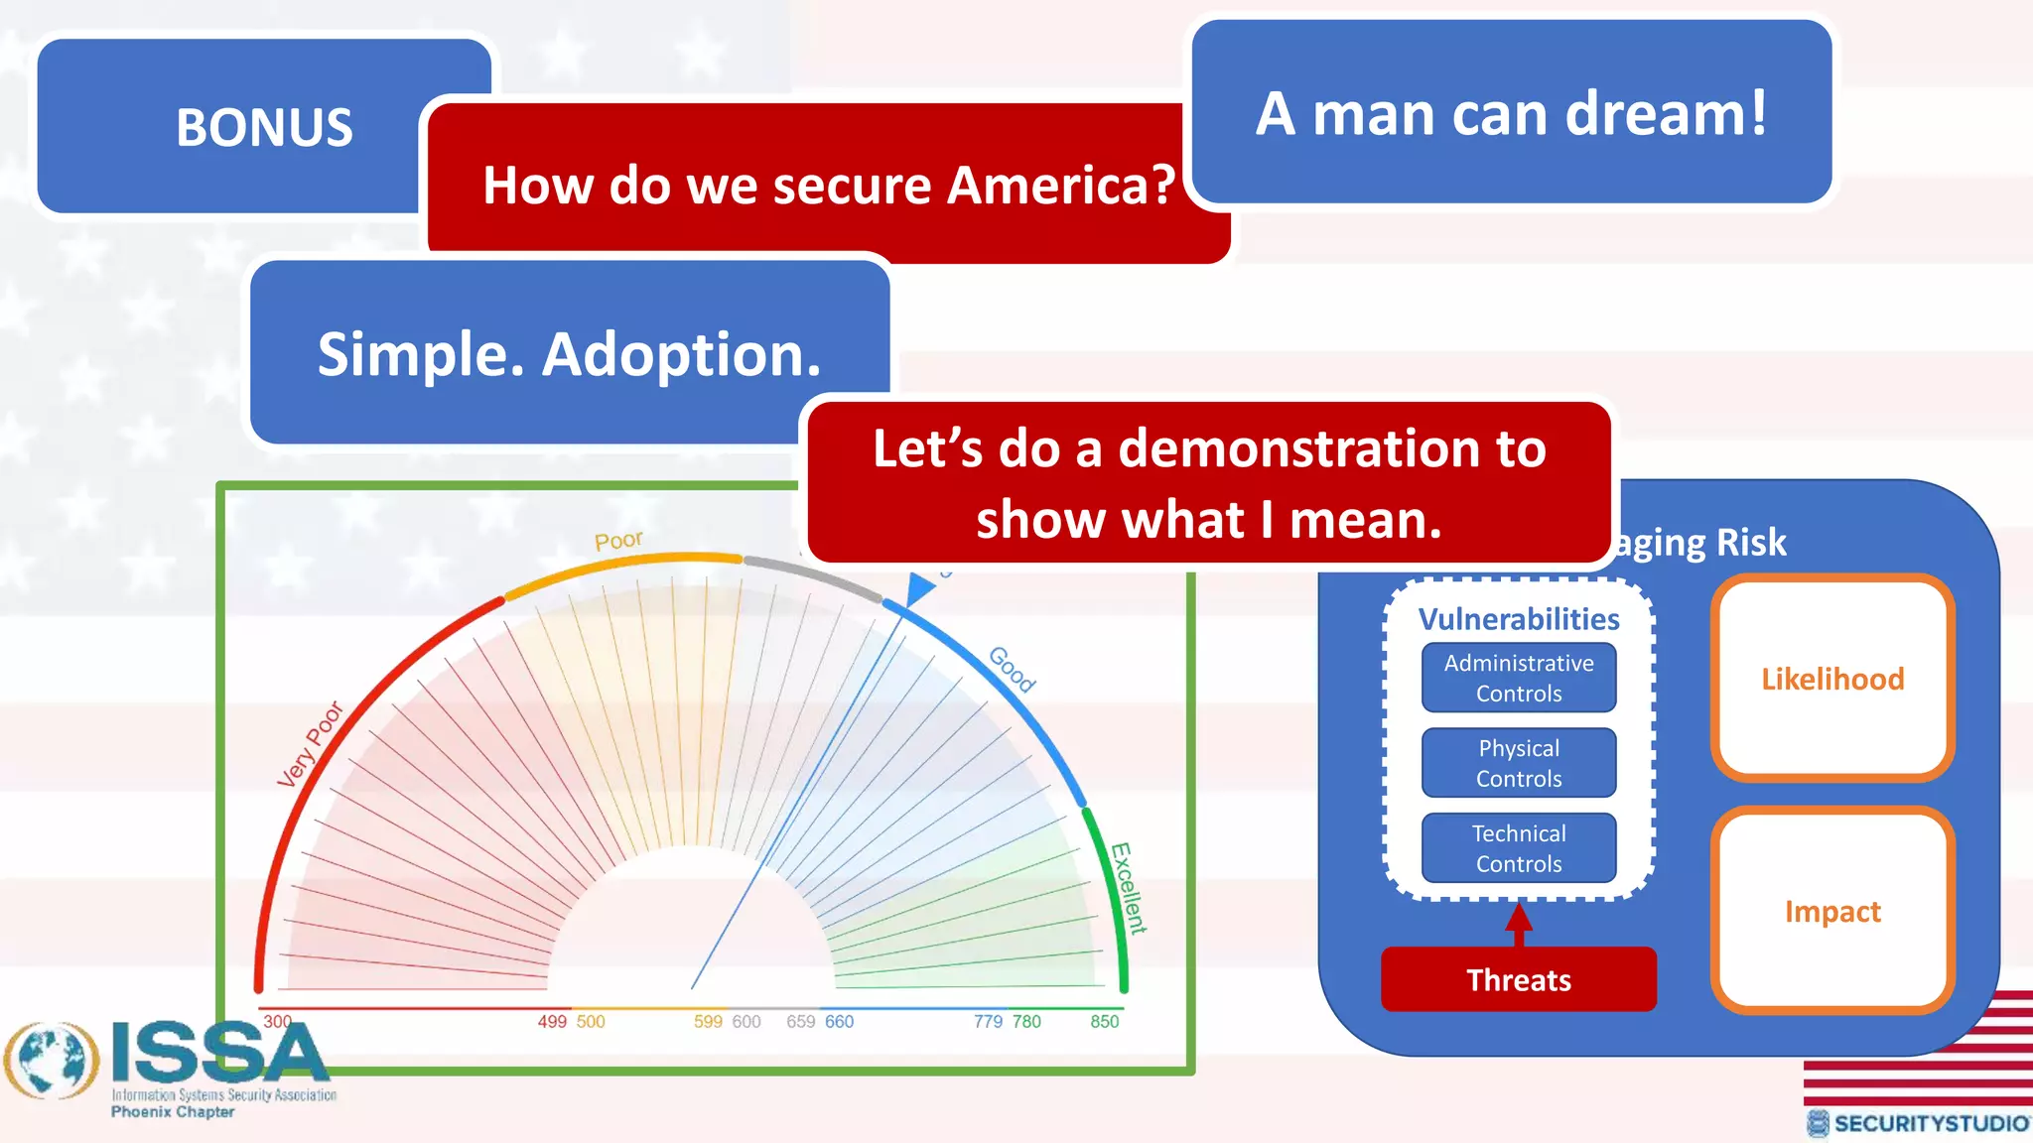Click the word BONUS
click(x=264, y=128)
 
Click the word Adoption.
click(x=682, y=354)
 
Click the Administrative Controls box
click(x=1519, y=678)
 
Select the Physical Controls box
click(x=1519, y=763)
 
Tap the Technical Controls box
click(x=1519, y=848)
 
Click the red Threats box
click(x=1519, y=980)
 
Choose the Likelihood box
click(x=1832, y=679)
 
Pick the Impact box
click(x=1832, y=911)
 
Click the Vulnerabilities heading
click(x=1519, y=619)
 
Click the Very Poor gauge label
click(x=310, y=744)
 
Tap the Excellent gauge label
click(x=1129, y=888)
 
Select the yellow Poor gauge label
click(x=618, y=541)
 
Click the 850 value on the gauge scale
click(x=1104, y=1022)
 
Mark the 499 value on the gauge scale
click(x=552, y=1022)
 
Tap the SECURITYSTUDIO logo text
click(x=1930, y=1123)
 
